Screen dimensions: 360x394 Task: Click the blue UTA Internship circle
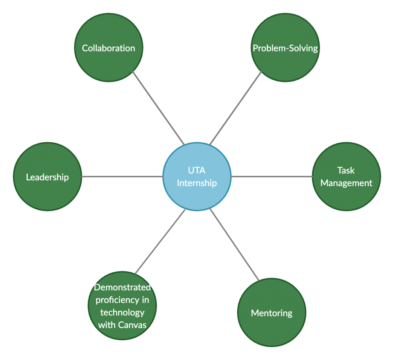pos(197,192)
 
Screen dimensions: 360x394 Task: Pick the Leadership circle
pos(47,192)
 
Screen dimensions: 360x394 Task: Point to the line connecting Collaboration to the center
pos(159,108)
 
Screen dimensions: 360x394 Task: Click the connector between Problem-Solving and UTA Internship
pos(235,108)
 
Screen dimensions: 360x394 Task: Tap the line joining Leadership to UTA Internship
pos(122,177)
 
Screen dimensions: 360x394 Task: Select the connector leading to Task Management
pos(272,177)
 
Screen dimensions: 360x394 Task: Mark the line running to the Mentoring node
pos(235,245)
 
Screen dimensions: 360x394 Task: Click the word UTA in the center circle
pos(197,170)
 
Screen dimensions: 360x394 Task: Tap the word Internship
pos(197,183)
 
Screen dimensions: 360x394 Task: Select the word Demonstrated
pos(122,287)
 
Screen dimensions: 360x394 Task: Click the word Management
pos(346,183)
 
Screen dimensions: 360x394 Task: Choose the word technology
pos(122,312)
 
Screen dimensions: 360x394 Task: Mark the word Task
pos(346,170)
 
